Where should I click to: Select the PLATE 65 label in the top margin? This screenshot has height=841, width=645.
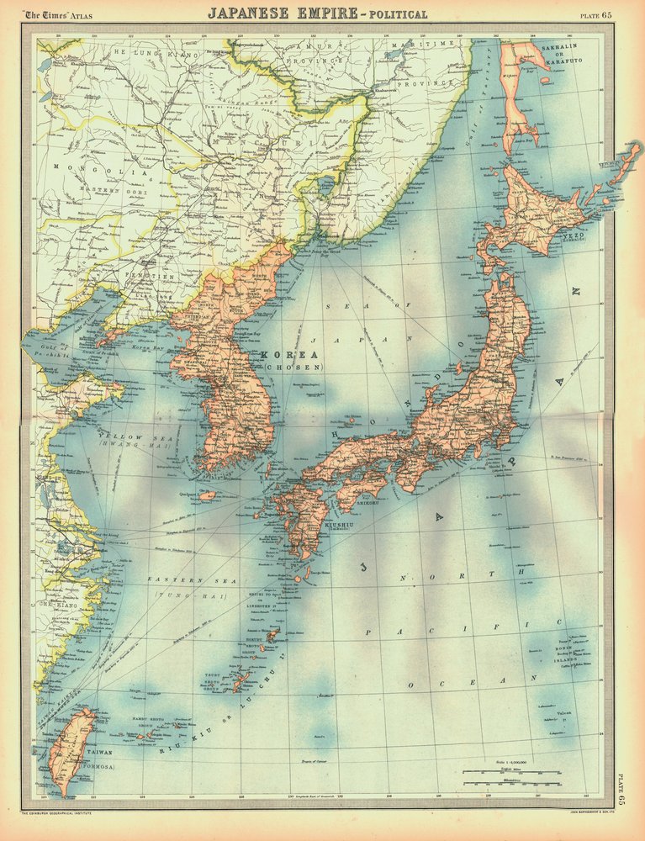(x=596, y=15)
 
